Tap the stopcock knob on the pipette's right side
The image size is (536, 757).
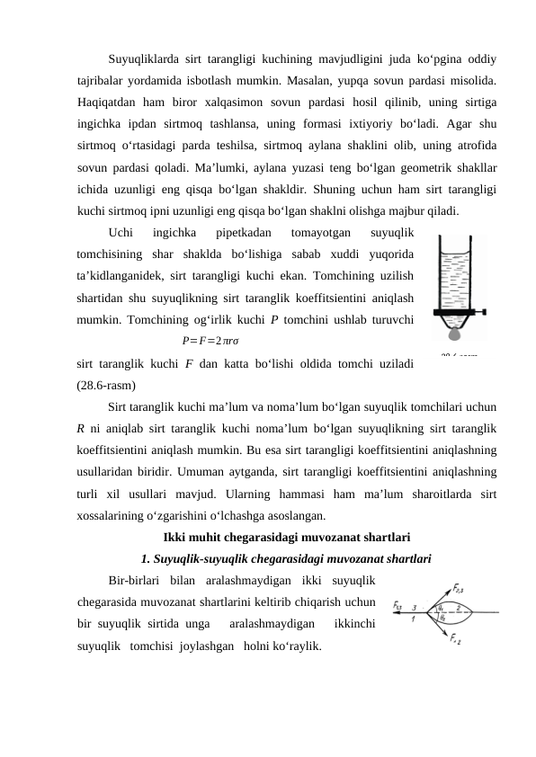[486, 313]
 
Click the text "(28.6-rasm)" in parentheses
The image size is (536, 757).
[107, 386]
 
